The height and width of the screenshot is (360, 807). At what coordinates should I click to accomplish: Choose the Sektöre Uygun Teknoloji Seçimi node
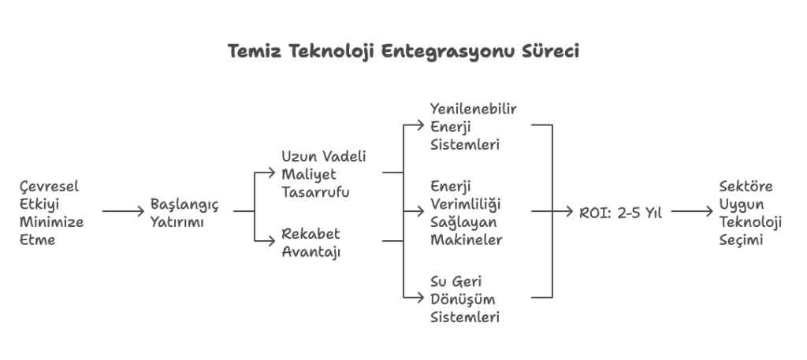coord(749,213)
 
